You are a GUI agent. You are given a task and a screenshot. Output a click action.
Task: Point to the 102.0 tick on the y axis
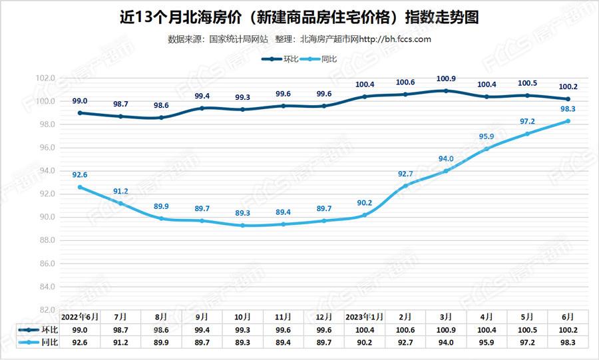(x=45, y=78)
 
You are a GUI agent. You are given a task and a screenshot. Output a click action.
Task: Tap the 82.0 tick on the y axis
(x=45, y=310)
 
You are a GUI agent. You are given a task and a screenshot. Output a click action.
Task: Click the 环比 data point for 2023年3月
(x=446, y=90)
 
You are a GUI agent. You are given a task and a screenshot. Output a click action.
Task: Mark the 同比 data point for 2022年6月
(x=80, y=187)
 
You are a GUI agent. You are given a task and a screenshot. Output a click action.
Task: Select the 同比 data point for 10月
(x=242, y=226)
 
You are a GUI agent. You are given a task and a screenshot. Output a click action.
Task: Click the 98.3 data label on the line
(x=568, y=108)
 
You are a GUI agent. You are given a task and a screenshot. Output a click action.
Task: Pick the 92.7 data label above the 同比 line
(x=405, y=173)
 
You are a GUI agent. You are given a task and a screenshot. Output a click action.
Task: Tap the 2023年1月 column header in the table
(x=365, y=317)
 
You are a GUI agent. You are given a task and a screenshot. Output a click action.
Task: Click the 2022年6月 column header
(x=80, y=317)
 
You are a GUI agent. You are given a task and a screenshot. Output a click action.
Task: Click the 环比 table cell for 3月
(x=446, y=330)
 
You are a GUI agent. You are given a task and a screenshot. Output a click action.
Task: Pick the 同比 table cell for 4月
(x=487, y=343)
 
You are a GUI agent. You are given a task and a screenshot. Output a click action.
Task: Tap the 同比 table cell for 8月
(x=161, y=343)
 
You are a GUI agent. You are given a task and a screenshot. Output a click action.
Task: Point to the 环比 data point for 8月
(x=161, y=118)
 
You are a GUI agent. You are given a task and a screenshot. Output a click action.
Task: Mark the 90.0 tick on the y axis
(x=45, y=217)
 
